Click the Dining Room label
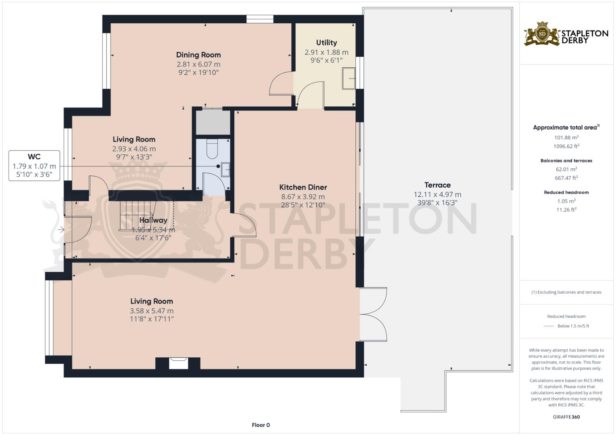[198, 55]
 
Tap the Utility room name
[326, 42]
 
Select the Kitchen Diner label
[303, 187]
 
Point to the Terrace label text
[437, 185]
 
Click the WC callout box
[34, 166]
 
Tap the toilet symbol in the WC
[212, 149]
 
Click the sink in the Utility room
[349, 78]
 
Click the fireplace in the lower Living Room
[178, 363]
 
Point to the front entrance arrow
[61, 230]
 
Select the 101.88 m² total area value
[566, 137]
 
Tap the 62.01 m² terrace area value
[566, 169]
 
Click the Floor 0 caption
[261, 425]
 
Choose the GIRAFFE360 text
[566, 417]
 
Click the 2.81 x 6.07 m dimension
[198, 64]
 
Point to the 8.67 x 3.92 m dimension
[303, 197]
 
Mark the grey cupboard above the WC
[213, 122]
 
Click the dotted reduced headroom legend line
[549, 326]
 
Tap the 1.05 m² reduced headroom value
[566, 201]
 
